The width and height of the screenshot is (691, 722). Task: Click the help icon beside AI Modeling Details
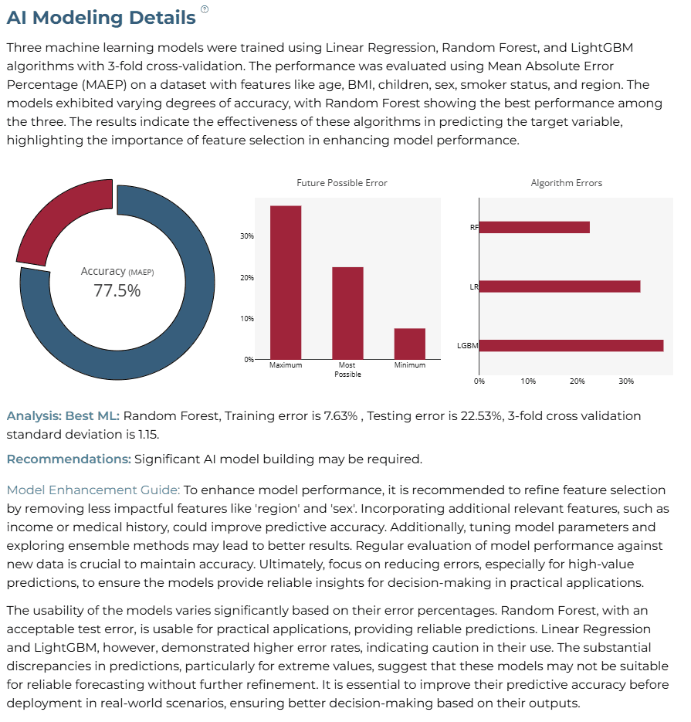[205, 9]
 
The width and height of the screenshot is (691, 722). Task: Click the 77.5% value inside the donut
[117, 291]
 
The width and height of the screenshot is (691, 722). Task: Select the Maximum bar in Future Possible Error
[286, 283]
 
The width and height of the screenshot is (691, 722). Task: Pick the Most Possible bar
[347, 313]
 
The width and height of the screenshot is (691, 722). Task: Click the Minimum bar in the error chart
[410, 344]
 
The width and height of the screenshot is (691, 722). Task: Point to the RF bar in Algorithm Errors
[534, 228]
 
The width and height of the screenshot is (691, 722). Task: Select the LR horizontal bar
[560, 286]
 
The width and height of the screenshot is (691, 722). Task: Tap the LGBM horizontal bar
[571, 346]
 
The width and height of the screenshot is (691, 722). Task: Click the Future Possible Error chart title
[342, 183]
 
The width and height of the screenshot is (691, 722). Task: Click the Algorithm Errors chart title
[566, 183]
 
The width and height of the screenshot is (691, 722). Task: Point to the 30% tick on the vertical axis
[247, 236]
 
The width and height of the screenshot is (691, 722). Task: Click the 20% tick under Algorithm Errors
[578, 381]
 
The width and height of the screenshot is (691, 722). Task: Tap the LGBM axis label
[468, 346]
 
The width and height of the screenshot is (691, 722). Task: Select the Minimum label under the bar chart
[410, 365]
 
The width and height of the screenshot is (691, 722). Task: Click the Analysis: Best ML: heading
[63, 416]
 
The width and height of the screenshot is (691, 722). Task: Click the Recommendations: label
[69, 459]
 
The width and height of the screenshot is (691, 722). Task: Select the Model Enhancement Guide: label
[93, 490]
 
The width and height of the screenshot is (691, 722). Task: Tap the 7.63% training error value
[340, 416]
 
